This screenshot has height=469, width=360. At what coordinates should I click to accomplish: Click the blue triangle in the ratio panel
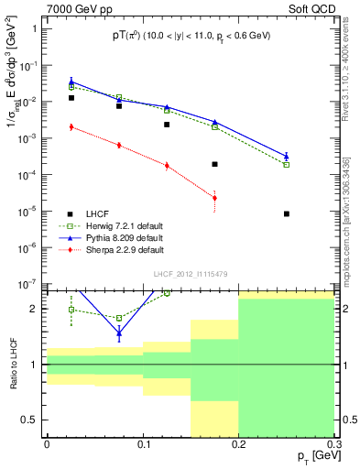(x=119, y=333)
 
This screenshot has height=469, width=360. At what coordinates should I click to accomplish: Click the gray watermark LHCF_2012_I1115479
(x=191, y=275)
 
